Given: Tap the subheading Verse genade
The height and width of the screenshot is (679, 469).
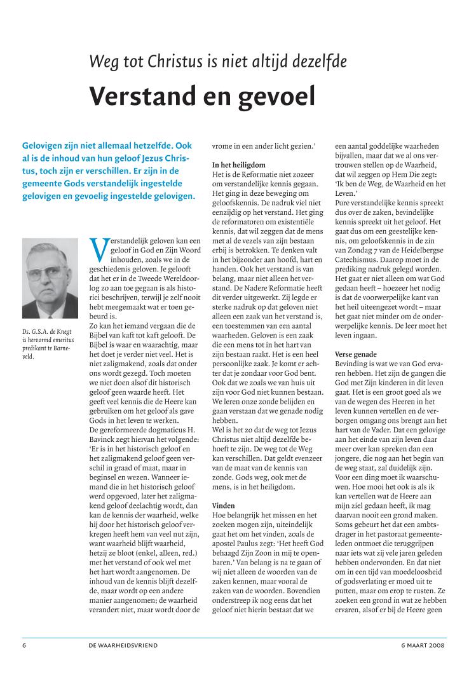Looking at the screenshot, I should [x=355, y=353].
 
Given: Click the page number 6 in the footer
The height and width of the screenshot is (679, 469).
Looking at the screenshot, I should [x=24, y=645].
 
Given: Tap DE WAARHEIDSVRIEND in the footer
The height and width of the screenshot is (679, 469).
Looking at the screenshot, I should [x=123, y=645].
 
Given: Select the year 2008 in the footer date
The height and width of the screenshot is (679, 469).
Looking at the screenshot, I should [x=435, y=645].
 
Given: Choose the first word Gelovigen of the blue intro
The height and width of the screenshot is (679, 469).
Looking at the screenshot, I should [x=44, y=145].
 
